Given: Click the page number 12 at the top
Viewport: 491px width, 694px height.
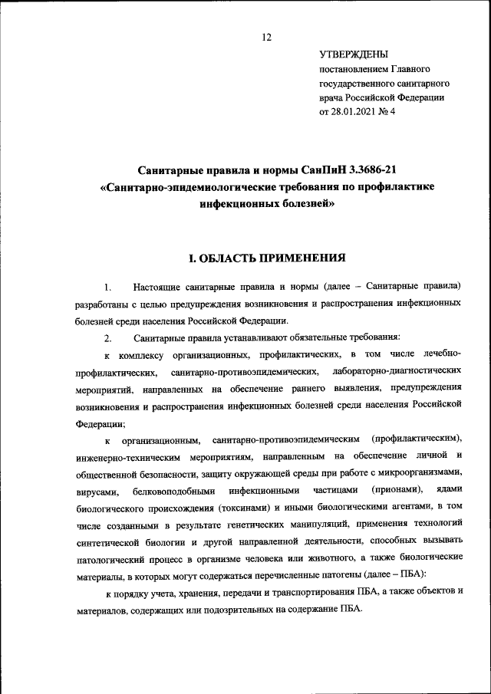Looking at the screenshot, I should (x=267, y=38).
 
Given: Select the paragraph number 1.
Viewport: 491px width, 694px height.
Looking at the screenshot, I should (x=109, y=288).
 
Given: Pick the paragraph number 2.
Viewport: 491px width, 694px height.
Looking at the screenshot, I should (x=109, y=338).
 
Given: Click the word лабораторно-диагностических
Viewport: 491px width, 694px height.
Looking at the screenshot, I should (x=397, y=372).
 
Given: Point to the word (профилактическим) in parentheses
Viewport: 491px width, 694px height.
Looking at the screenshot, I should (x=416, y=439).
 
